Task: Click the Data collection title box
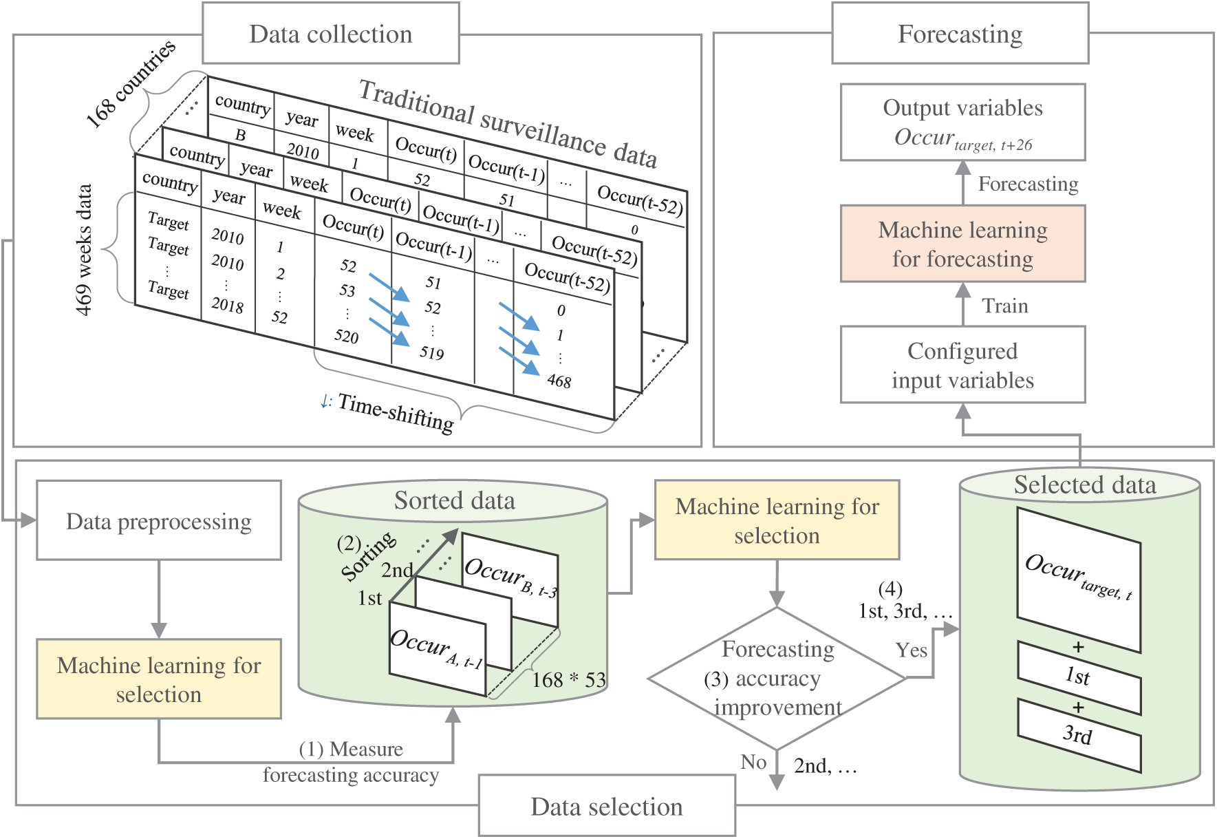pos(330,34)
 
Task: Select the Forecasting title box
pos(960,34)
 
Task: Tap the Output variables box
pos(962,123)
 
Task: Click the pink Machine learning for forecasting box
pos(962,244)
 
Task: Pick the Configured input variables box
pos(962,365)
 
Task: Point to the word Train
pos(1004,306)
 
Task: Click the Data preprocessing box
pos(159,520)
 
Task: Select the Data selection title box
pos(607,806)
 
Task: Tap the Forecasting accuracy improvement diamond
pos(777,678)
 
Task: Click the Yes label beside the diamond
pos(911,650)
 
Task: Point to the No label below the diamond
pos(753,762)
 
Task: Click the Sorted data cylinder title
pos(454,500)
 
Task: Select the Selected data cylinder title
pos(1084,485)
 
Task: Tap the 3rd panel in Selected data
pos(1079,735)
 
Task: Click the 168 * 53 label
pos(568,680)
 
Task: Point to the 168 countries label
pos(131,84)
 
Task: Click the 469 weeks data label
pos(84,249)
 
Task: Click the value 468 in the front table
pos(559,381)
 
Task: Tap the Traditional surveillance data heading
pos(508,125)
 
